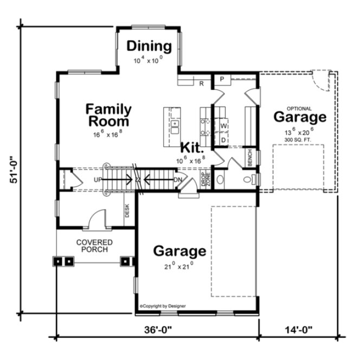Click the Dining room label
[149, 47]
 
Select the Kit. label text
[192, 147]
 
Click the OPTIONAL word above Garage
[299, 108]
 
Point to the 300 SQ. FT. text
[299, 140]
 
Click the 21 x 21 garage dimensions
[179, 266]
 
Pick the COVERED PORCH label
[94, 246]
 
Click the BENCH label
[250, 158]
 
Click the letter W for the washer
[223, 126]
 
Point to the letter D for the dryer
[223, 140]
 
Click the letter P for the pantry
[222, 79]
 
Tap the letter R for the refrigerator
[201, 83]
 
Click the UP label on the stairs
[98, 179]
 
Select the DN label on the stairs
[177, 179]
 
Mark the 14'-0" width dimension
[299, 330]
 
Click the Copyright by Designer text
[163, 306]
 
